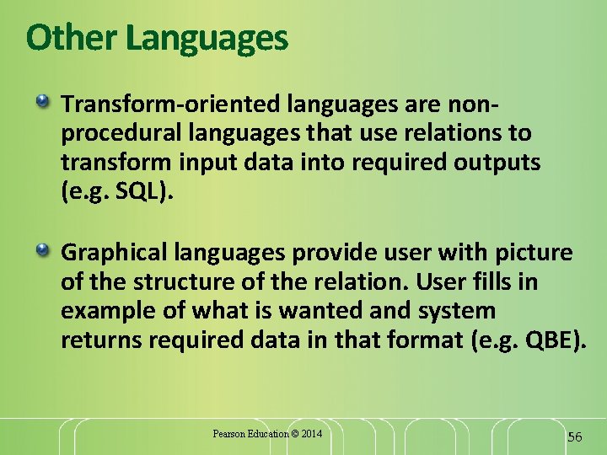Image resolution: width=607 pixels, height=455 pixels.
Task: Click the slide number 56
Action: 575,436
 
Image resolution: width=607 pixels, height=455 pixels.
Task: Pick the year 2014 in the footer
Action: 309,434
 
